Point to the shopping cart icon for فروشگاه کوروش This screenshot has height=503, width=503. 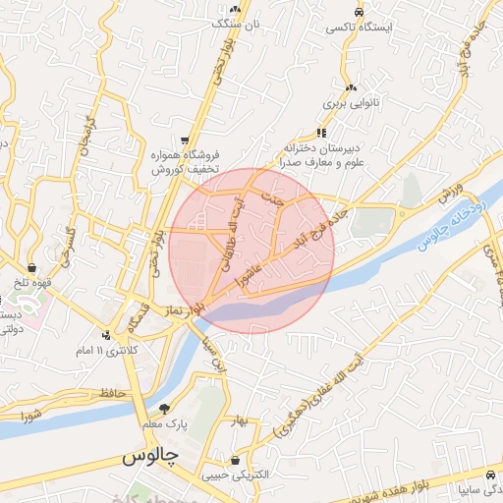tap(185, 140)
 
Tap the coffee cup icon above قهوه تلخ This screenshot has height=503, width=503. tap(32, 266)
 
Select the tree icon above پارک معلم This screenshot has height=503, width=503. tap(164, 408)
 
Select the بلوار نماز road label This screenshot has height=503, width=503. tap(186, 307)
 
